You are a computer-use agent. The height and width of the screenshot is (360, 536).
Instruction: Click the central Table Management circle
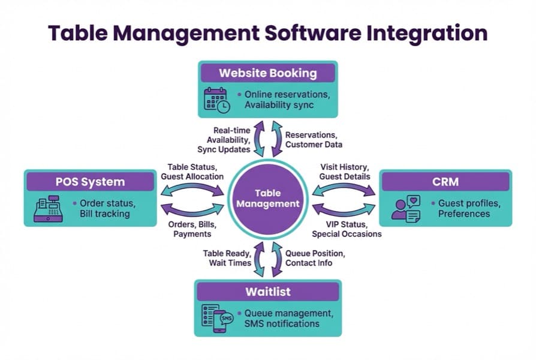coord(267,199)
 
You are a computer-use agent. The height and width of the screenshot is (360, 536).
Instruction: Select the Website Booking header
coord(267,73)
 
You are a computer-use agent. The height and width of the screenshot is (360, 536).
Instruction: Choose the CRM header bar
coord(445,181)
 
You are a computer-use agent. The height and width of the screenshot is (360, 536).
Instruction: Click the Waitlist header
coord(267,292)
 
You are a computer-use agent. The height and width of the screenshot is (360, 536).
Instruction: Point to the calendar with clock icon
coord(216,100)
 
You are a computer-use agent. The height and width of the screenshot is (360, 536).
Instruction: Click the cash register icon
coord(49,208)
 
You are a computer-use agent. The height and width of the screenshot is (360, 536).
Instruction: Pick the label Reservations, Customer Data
coord(314,140)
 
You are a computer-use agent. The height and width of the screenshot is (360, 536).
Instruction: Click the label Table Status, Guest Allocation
coord(192,172)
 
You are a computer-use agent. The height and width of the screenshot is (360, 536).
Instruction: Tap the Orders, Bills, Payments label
coord(192,229)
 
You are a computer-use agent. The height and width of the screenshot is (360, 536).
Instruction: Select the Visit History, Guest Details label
coord(344,172)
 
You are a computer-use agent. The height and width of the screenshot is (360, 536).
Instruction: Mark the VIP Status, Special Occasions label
coord(347,229)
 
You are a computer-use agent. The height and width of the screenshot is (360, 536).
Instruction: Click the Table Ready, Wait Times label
coord(226,258)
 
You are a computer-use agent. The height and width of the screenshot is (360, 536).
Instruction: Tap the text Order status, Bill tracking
coord(107,208)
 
